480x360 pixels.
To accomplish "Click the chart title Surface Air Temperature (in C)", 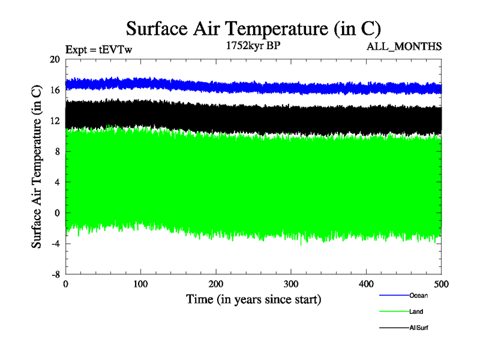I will pyautogui.click(x=253, y=28).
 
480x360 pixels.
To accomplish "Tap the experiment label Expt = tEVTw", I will pyautogui.click(x=98, y=50).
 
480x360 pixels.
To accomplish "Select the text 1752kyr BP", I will pyautogui.click(x=253, y=46).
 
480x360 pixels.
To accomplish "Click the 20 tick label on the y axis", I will pyautogui.click(x=55, y=59).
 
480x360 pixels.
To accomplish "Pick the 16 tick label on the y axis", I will pyautogui.click(x=55, y=90).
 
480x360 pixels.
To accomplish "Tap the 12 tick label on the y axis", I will pyautogui.click(x=55, y=121).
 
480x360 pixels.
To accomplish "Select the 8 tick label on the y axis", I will pyautogui.click(x=57, y=151).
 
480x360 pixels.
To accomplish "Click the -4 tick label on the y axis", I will pyautogui.click(x=55, y=243).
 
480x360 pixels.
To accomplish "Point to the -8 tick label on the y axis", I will pyautogui.click(x=55, y=274).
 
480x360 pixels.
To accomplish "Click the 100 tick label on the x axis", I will pyautogui.click(x=140, y=284).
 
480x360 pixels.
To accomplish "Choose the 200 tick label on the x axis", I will pyautogui.click(x=216, y=284).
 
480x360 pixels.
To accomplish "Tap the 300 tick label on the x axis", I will pyautogui.click(x=291, y=284).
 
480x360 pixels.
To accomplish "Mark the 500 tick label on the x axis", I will pyautogui.click(x=441, y=284).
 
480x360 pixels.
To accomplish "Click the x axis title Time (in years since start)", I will pyautogui.click(x=253, y=299).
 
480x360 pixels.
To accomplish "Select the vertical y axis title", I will pyautogui.click(x=37, y=167).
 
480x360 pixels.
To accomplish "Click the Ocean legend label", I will pyautogui.click(x=418, y=295).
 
